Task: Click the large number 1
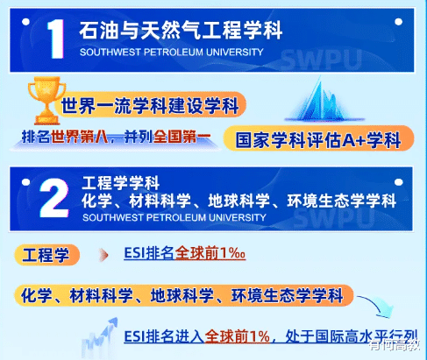[56, 39]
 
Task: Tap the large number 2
[53, 198]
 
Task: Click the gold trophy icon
[46, 100]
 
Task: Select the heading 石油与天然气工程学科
[181, 30]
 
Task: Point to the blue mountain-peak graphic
[324, 101]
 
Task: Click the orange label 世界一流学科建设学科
[150, 105]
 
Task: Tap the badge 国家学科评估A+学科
[318, 139]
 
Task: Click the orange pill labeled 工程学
[46, 255]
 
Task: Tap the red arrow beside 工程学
[103, 255]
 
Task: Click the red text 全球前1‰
[210, 253]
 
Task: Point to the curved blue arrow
[377, 307]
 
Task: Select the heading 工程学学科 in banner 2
[120, 183]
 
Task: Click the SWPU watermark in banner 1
[321, 60]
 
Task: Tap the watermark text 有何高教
[394, 345]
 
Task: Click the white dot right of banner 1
[398, 22]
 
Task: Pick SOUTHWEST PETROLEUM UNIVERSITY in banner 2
[174, 217]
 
